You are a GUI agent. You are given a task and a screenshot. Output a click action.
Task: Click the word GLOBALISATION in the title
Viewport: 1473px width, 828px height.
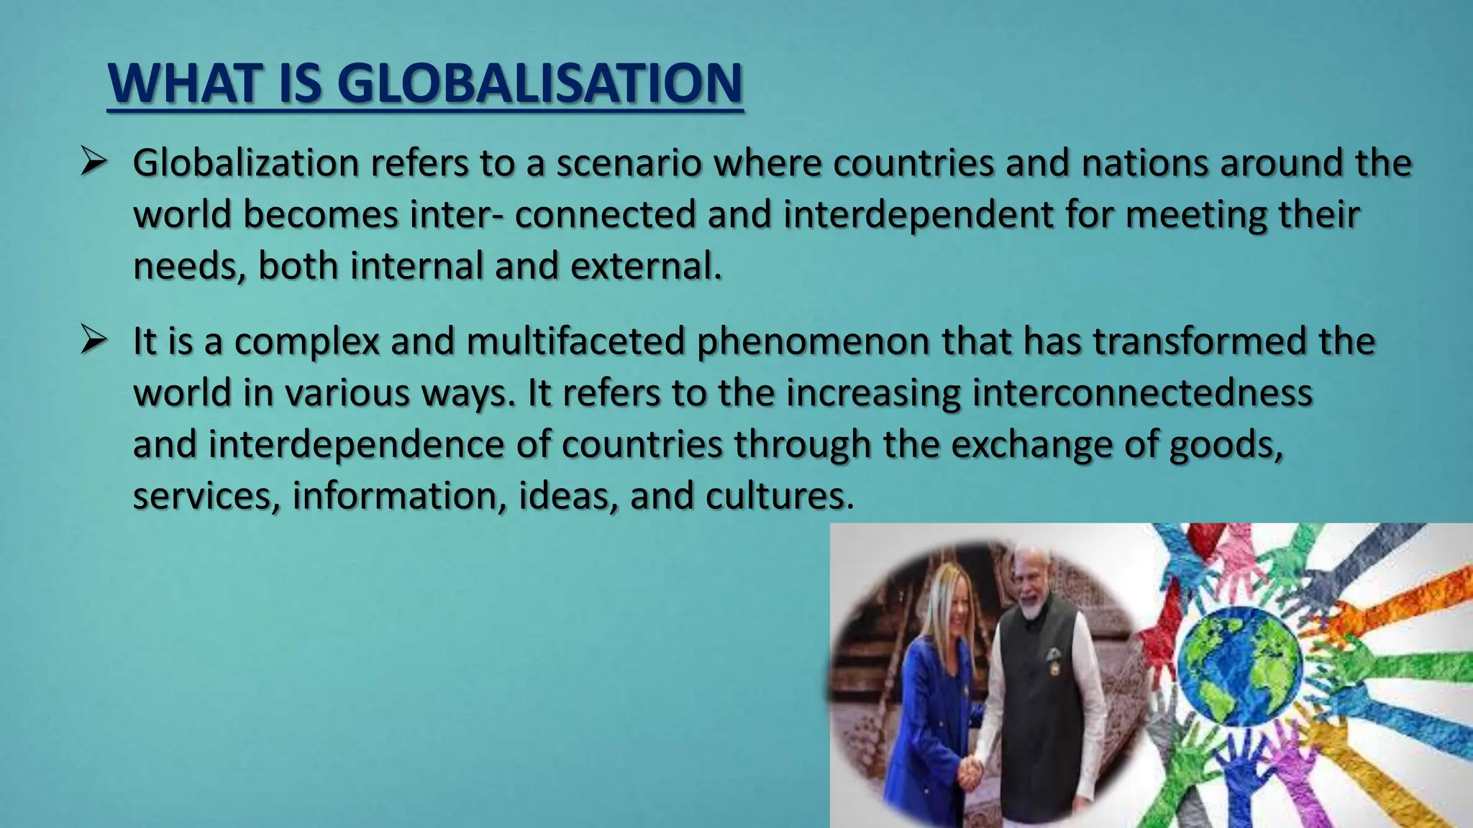tap(539, 83)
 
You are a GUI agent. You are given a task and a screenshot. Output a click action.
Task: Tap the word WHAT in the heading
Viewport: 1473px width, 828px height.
tap(184, 83)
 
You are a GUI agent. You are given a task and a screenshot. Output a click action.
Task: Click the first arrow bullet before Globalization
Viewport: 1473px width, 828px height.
tap(94, 162)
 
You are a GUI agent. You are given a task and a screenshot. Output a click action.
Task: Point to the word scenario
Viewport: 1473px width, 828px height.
tap(629, 163)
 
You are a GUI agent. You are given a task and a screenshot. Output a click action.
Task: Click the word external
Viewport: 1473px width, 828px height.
tap(646, 266)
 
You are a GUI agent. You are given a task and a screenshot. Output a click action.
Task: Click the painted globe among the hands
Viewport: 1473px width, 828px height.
tap(1239, 666)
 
